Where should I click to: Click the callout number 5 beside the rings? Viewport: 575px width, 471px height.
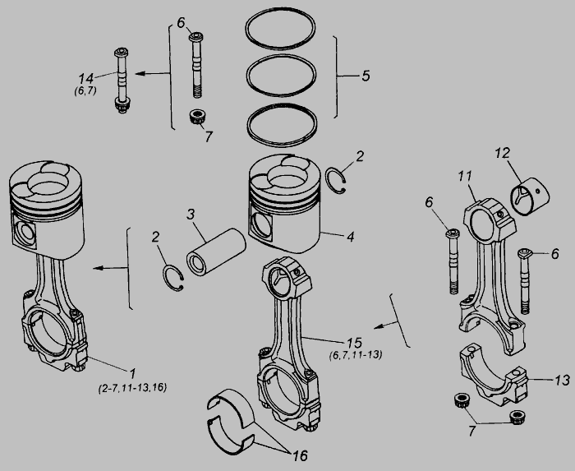tap(366, 76)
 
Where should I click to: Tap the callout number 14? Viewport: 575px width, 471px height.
tap(85, 78)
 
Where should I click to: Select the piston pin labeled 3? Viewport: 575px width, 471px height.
tap(215, 252)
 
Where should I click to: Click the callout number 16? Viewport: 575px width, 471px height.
tap(300, 455)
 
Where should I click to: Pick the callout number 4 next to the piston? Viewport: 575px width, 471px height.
tap(351, 237)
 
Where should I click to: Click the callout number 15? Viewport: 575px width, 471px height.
tap(354, 343)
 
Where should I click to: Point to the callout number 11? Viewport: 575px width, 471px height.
tap(465, 177)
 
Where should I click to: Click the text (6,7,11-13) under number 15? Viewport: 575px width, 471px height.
tap(356, 355)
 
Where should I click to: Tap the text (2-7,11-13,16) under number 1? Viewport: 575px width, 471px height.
tap(132, 388)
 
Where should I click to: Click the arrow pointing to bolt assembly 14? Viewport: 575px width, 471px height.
tap(152, 74)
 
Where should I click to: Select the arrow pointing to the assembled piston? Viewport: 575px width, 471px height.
tap(110, 268)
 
